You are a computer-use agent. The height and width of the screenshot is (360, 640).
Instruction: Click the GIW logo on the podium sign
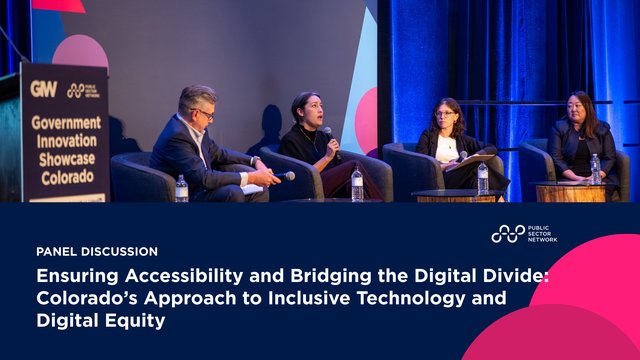click(x=44, y=89)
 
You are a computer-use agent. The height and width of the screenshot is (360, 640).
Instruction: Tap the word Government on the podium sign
click(x=65, y=122)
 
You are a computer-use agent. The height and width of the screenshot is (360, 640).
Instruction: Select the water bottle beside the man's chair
click(x=181, y=188)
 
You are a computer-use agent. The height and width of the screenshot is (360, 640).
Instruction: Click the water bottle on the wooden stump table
click(x=595, y=168)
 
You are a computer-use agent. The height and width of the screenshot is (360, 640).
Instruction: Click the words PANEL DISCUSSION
click(x=96, y=252)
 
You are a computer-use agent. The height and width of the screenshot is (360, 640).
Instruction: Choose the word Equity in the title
click(x=139, y=322)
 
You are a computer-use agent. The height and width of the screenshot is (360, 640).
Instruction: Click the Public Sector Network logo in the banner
click(x=523, y=234)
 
